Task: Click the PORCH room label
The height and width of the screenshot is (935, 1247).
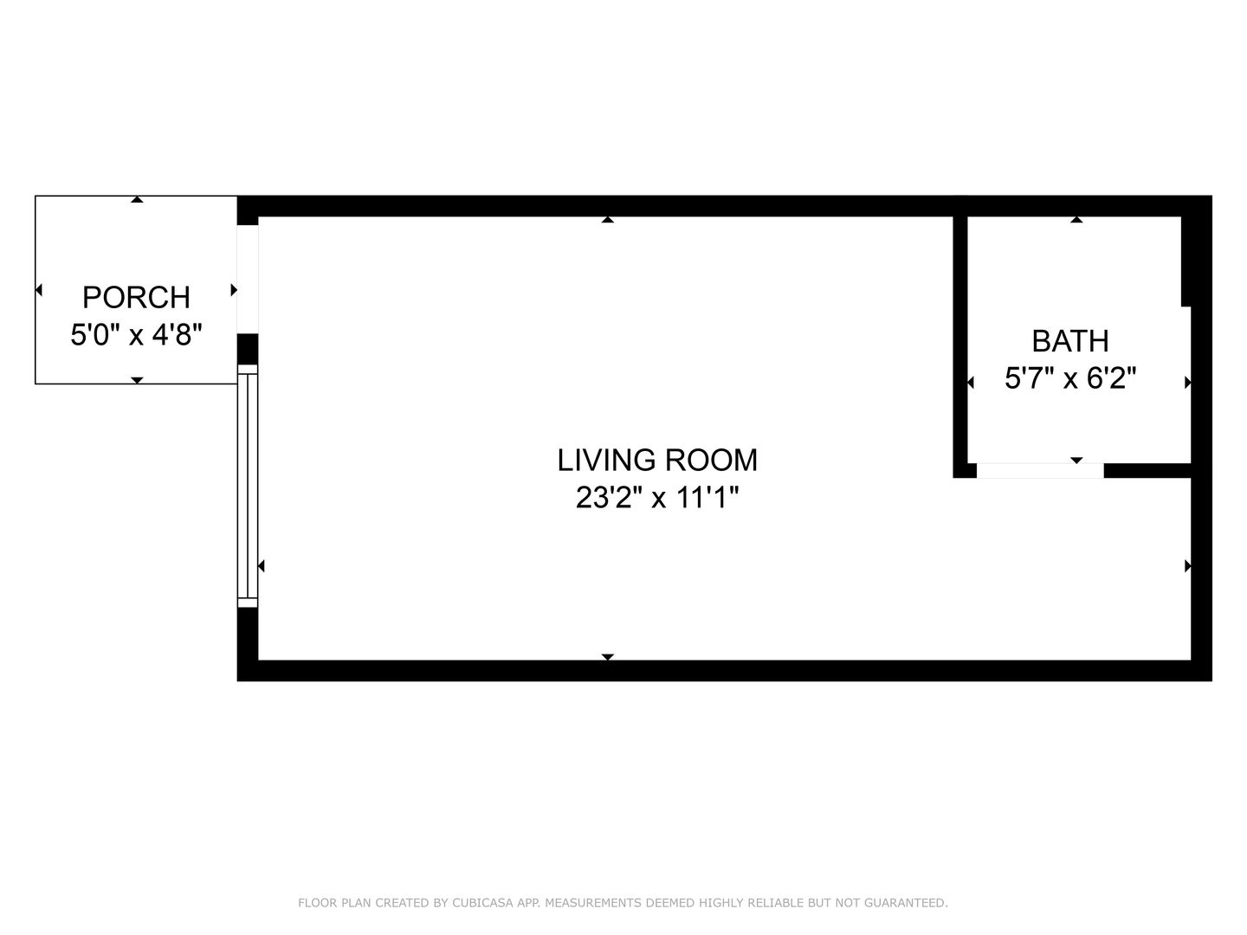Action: tap(136, 298)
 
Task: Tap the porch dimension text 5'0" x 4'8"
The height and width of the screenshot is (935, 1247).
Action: tap(136, 334)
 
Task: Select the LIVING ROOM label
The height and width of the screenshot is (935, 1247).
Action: tap(657, 460)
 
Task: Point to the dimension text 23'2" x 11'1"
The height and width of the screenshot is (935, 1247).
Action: tap(657, 498)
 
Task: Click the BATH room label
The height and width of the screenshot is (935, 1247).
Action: tap(1070, 341)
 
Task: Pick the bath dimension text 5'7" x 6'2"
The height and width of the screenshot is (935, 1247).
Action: tap(1070, 378)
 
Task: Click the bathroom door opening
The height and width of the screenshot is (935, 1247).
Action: tap(1040, 471)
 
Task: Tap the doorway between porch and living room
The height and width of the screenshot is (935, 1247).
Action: tap(248, 280)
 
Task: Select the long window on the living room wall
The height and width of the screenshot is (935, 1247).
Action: tap(248, 486)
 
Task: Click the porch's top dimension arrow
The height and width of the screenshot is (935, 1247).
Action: tap(137, 200)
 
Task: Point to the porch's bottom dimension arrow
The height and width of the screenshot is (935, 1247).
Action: tap(137, 380)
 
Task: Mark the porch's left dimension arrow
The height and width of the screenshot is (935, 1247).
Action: tap(39, 290)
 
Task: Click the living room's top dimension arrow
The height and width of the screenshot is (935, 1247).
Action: tap(608, 220)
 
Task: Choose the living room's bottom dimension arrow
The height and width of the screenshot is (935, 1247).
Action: tap(608, 657)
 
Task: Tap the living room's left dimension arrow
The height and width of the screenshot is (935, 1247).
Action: tap(262, 566)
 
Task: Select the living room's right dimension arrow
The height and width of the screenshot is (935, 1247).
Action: tap(1187, 566)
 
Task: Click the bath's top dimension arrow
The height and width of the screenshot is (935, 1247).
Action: tap(1076, 220)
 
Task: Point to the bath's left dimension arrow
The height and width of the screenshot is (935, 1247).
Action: tap(971, 383)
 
